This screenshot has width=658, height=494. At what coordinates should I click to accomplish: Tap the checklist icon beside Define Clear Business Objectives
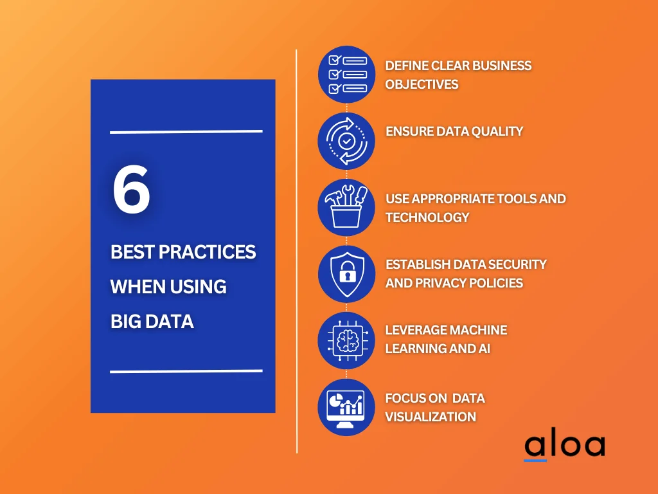pos(346,75)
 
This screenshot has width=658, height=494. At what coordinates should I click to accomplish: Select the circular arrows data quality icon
pos(346,141)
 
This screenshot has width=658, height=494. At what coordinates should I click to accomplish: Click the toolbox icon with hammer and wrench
pos(346,207)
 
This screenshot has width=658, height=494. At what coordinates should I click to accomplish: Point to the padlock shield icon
pos(346,274)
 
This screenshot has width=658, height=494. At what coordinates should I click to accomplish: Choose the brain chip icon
pos(346,340)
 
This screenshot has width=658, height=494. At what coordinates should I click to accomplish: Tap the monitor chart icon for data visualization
pos(346,407)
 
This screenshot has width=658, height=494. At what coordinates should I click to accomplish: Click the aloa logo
pos(565,444)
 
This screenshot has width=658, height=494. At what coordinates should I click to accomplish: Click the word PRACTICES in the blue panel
pos(208,252)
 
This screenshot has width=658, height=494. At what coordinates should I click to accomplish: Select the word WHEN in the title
pos(137,287)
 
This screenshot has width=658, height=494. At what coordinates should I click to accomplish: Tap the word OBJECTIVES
pos(422,84)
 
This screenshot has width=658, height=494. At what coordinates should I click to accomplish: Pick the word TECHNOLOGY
pos(427,217)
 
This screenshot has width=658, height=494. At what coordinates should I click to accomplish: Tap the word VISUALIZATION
pos(431,417)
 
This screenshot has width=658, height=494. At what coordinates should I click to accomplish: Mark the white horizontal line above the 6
pos(186,132)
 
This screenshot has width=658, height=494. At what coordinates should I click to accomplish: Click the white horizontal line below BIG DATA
pos(186,371)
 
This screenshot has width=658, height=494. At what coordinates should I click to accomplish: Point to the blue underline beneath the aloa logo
pos(535,461)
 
